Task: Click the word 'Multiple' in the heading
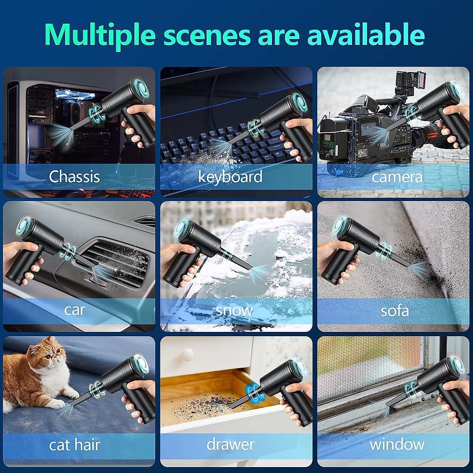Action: (x=100, y=35)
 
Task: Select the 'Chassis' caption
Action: (x=74, y=176)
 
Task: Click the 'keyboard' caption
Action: (x=230, y=176)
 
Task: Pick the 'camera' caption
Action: (x=397, y=177)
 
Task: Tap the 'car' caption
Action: (x=74, y=310)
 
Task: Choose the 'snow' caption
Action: (x=234, y=310)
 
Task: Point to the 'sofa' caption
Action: (x=395, y=311)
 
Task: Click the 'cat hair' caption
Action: (x=74, y=445)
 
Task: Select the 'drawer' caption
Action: (x=231, y=444)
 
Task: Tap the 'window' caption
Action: (x=397, y=444)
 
